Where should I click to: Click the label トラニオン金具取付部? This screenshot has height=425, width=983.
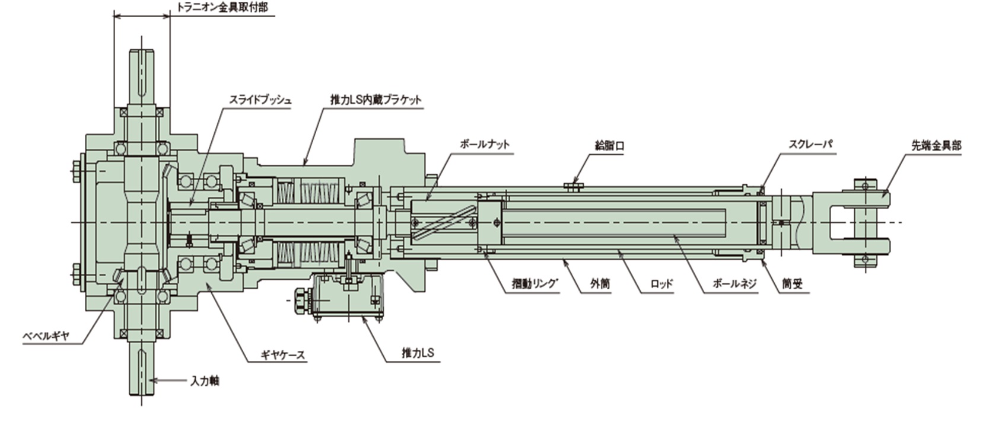(x=222, y=8)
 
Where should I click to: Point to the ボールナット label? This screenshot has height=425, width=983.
(x=485, y=144)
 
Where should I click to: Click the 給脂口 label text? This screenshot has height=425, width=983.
(x=609, y=145)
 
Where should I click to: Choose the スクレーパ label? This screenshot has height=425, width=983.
(x=811, y=144)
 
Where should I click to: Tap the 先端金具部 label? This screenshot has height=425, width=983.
(x=936, y=145)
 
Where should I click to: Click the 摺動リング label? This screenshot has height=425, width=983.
(x=536, y=283)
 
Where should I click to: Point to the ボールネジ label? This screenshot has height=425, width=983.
(x=735, y=283)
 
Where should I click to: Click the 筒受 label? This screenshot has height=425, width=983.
(x=792, y=283)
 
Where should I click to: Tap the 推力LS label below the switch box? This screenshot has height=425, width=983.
(x=418, y=353)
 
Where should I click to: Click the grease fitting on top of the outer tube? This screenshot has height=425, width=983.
(x=573, y=186)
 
